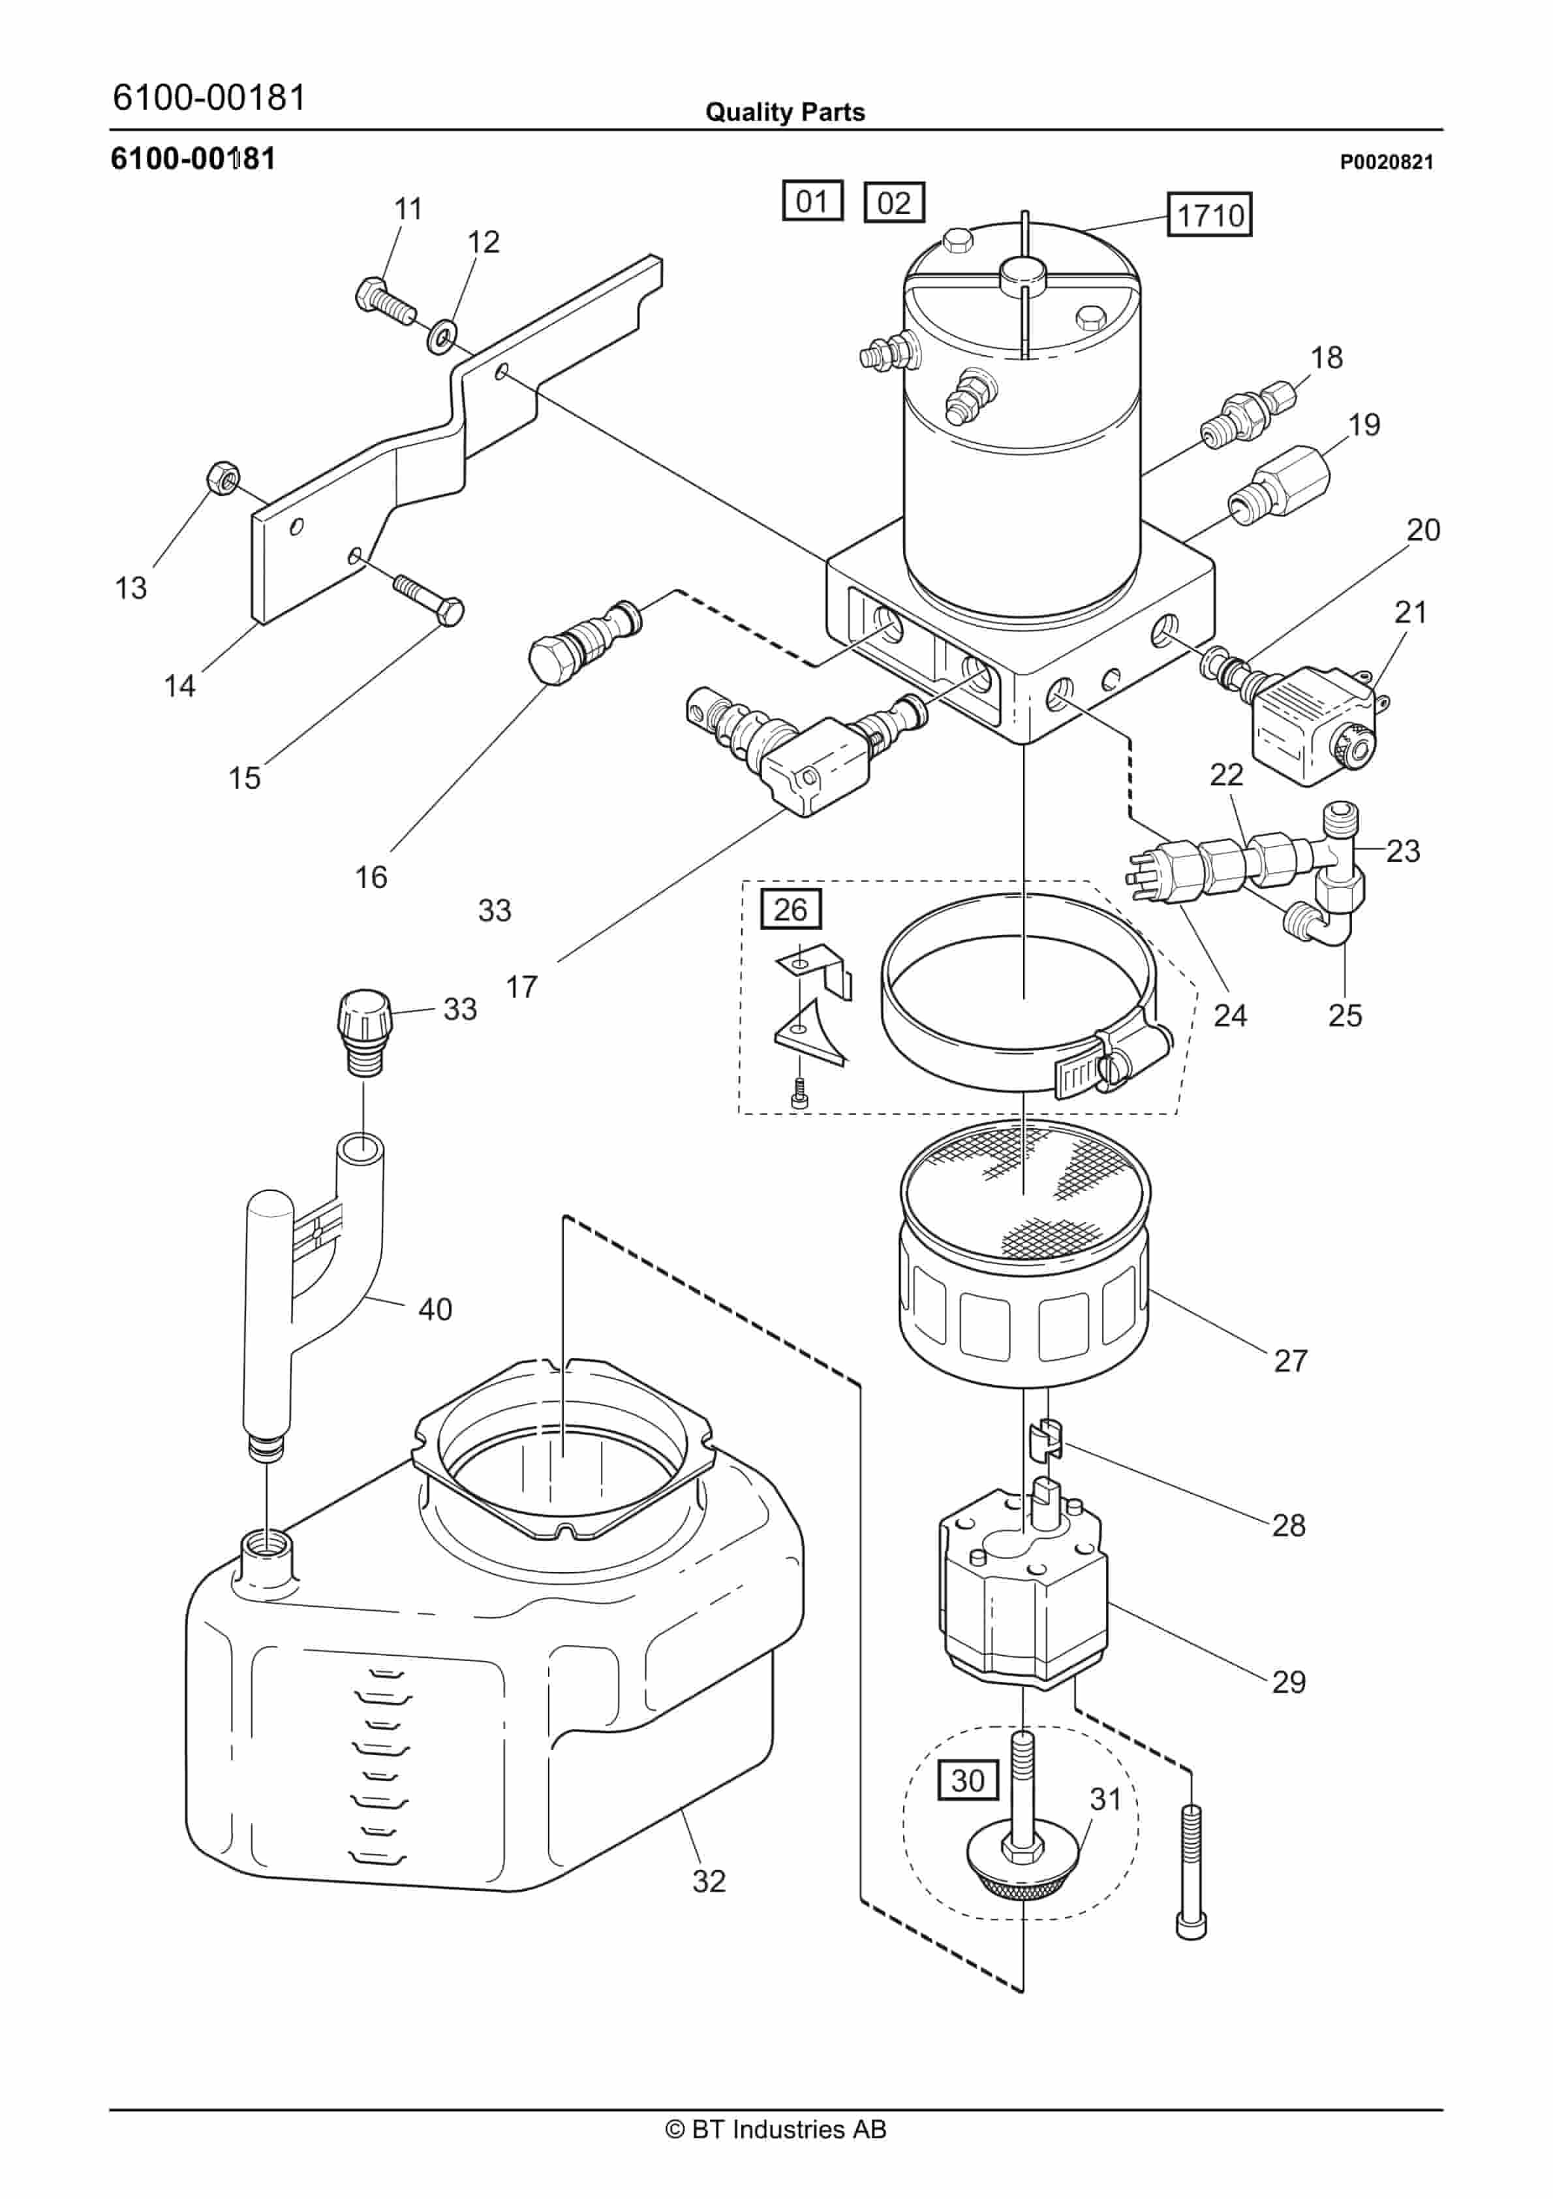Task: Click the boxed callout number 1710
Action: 1209,215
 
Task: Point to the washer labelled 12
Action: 441,335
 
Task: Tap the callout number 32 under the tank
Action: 709,1881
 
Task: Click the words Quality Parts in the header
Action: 785,112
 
